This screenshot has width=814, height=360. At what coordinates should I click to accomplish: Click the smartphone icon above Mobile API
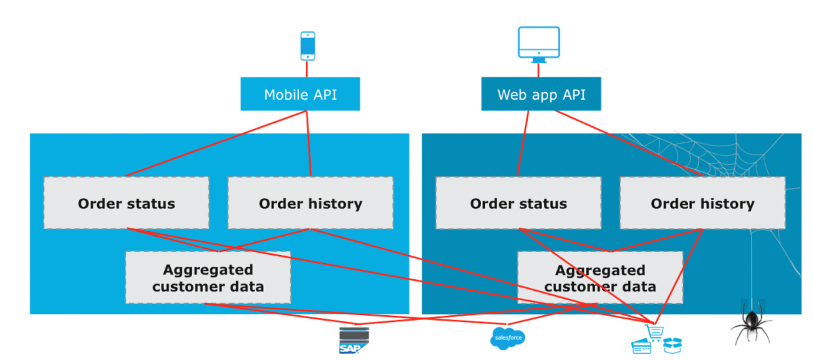pos(307,45)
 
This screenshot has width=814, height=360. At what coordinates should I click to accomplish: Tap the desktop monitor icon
pos(539,43)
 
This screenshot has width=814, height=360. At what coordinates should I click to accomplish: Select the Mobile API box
pos(300,94)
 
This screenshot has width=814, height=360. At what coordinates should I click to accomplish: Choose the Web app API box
pos(542,94)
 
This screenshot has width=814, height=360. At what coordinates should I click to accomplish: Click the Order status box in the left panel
pos(126,203)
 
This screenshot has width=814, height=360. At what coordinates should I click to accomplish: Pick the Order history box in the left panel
pos(310,203)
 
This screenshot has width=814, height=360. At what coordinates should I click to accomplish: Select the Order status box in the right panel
pos(518,203)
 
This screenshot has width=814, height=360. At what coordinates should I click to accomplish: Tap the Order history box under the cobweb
pos(702,203)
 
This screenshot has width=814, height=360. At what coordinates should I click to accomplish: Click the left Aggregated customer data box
pos(208,278)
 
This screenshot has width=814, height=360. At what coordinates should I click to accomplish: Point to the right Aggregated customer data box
pos(600,278)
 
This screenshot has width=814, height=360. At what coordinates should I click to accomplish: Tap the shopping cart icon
pos(655,333)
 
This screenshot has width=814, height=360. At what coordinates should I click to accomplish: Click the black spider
pos(752,325)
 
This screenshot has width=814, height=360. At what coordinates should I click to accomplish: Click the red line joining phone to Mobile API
pos(307,68)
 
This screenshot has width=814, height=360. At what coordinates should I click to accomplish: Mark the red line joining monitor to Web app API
pos(539,70)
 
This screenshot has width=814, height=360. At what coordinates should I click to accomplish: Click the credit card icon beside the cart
pos(641,346)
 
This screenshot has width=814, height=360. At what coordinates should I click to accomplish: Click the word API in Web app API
pos(571,94)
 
